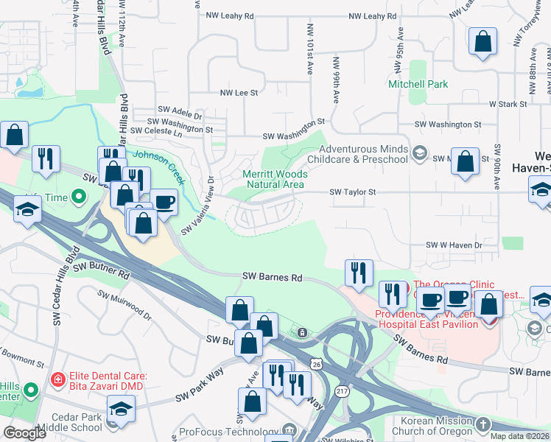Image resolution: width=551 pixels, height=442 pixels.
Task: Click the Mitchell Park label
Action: coord(418,84)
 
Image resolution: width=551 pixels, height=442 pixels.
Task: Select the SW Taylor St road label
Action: coord(353,192)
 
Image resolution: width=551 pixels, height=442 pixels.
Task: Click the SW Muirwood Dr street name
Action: coord(124,305)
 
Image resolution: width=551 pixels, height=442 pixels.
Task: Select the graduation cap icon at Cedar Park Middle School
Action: coord(121,408)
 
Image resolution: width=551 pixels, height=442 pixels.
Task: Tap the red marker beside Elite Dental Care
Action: coord(57,379)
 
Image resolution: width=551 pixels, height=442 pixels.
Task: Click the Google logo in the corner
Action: coord(25,432)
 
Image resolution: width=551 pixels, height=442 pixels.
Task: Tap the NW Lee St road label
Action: coord(239,93)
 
